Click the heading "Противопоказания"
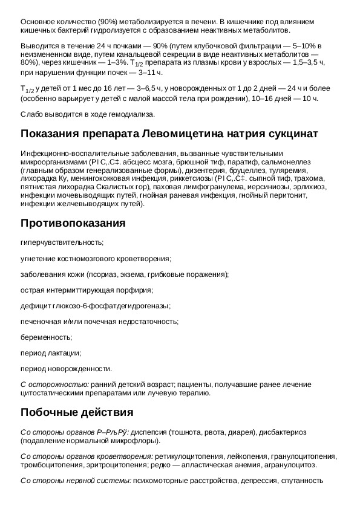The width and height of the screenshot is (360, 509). (x=73, y=223)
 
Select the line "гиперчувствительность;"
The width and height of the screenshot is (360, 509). (x=62, y=242)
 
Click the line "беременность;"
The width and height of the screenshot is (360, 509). (x=46, y=337)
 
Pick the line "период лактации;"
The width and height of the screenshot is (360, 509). (x=51, y=352)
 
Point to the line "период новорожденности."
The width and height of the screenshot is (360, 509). (x=66, y=368)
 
